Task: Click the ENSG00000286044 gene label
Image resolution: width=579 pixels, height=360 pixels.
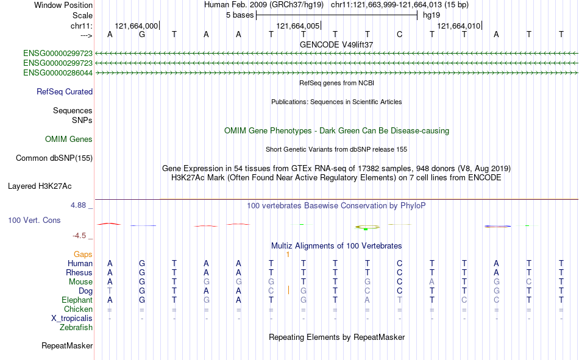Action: (58, 72)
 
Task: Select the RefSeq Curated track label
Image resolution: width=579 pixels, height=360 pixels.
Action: (65, 91)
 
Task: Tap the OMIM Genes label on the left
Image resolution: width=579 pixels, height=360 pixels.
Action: (69, 139)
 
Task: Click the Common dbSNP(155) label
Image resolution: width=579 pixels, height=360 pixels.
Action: (54, 158)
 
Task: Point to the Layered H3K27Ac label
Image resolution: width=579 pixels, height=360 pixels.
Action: (40, 186)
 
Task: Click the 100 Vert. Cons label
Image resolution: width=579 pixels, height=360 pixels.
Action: (34, 220)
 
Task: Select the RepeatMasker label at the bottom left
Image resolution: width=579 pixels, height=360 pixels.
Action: (67, 345)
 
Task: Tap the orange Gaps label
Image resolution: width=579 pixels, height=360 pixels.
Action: (83, 254)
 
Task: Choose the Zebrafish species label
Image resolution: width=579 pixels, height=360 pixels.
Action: (76, 328)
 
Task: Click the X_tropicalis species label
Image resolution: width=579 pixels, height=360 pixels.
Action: (72, 319)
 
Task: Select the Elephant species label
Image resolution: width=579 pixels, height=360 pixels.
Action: (77, 300)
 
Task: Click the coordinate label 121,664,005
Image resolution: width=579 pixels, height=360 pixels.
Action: (297, 26)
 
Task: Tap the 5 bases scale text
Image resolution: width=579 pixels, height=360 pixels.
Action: (240, 15)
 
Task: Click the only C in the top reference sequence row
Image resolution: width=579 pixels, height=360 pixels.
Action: (400, 34)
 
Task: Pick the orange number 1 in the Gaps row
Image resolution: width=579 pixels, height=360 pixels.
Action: (288, 255)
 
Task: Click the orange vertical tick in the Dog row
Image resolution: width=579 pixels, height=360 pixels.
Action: (288, 290)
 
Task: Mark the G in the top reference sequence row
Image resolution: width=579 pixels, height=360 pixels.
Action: (142, 34)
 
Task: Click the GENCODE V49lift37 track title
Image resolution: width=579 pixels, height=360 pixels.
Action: (336, 44)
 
